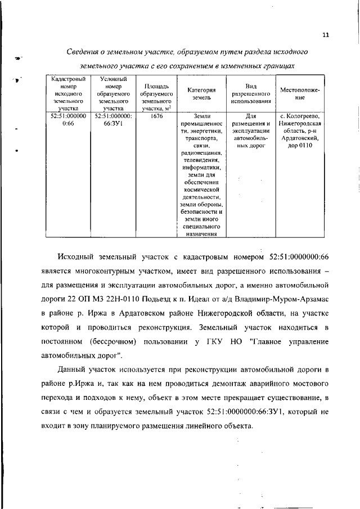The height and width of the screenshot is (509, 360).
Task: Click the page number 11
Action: (326, 35)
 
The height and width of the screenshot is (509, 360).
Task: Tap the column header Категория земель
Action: (201, 93)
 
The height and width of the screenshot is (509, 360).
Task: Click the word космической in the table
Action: (201, 190)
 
